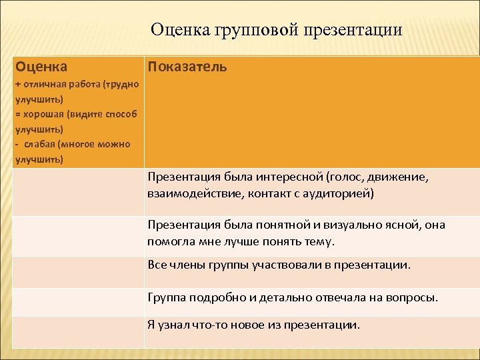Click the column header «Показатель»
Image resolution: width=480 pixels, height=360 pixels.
187,67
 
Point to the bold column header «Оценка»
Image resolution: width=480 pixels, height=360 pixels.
41,67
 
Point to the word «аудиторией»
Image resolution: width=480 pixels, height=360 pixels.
339,194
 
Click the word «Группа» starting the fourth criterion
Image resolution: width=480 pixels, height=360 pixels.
166,297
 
